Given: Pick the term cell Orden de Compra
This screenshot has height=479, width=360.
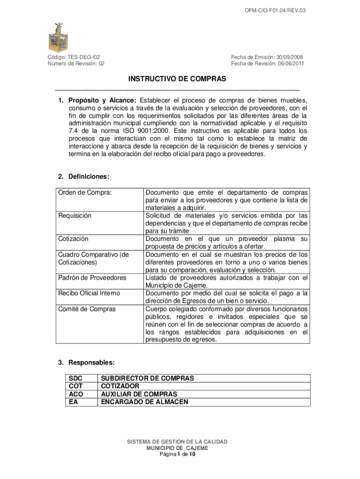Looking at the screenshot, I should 85,192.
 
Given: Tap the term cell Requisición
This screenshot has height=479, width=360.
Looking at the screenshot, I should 75,216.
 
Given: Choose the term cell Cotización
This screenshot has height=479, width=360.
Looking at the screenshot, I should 73,239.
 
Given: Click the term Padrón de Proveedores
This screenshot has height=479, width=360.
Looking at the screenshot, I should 92,278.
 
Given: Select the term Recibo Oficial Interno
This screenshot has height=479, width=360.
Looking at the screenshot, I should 89,293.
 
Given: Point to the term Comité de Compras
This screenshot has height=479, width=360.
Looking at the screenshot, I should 87,309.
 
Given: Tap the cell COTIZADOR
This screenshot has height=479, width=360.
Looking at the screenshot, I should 120,386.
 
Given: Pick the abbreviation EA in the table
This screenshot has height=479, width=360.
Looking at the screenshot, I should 73,402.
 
